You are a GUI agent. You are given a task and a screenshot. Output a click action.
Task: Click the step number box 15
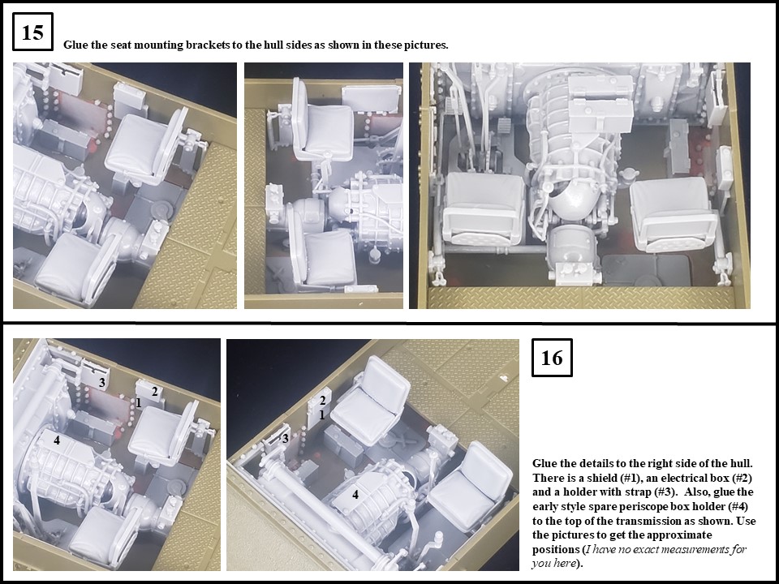click(x=32, y=33)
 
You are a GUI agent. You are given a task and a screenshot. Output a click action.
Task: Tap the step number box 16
click(x=552, y=358)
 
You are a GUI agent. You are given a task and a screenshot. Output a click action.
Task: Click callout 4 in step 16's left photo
click(x=57, y=441)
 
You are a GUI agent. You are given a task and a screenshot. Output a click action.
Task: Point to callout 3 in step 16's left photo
click(x=102, y=383)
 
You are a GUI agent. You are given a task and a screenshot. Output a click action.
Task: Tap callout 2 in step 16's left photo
click(x=154, y=392)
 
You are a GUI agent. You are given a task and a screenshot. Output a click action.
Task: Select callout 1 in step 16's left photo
click(x=139, y=402)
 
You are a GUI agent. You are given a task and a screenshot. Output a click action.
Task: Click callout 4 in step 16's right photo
click(x=355, y=494)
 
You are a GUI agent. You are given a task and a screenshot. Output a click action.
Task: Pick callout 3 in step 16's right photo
click(x=285, y=439)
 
